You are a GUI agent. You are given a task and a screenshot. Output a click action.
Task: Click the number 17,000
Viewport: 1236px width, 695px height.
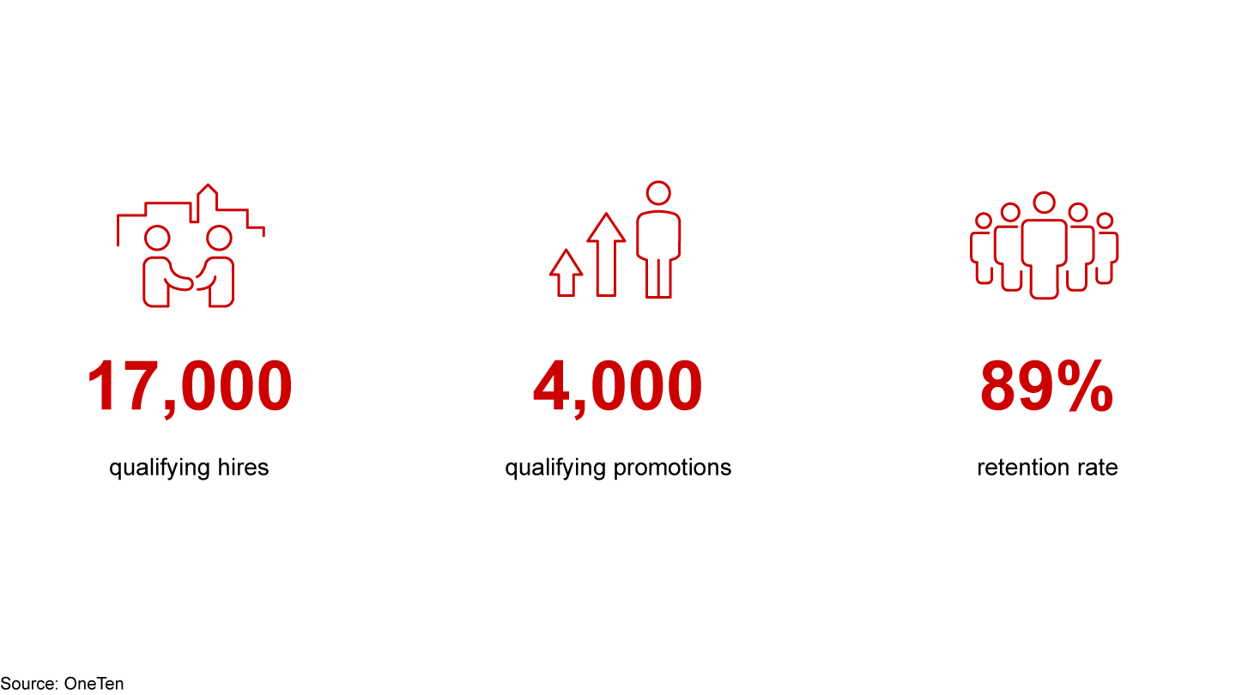[x=189, y=387]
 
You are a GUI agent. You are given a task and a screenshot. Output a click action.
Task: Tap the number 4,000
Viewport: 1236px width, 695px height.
[x=617, y=387]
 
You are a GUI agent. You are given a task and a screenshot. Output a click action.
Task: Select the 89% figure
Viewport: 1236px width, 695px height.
[x=1046, y=387]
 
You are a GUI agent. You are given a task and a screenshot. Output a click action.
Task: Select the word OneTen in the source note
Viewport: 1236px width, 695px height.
[x=94, y=684]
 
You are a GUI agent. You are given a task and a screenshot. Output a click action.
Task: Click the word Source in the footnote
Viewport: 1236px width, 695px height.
[x=28, y=684]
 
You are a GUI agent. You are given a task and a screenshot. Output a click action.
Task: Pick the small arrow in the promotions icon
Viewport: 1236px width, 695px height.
[x=566, y=273]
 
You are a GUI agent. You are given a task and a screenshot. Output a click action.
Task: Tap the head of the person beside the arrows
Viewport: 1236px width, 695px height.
[x=658, y=193]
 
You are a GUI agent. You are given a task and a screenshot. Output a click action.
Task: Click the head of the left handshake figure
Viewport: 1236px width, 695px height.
[x=157, y=238]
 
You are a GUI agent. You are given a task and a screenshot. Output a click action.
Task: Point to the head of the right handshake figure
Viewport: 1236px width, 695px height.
[x=220, y=238]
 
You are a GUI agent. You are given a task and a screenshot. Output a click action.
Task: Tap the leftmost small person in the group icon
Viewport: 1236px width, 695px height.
[x=983, y=249]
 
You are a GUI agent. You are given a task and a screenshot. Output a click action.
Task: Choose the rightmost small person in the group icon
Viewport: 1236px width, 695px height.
[x=1106, y=249]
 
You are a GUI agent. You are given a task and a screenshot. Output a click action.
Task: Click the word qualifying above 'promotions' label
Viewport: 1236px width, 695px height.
[x=554, y=468]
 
